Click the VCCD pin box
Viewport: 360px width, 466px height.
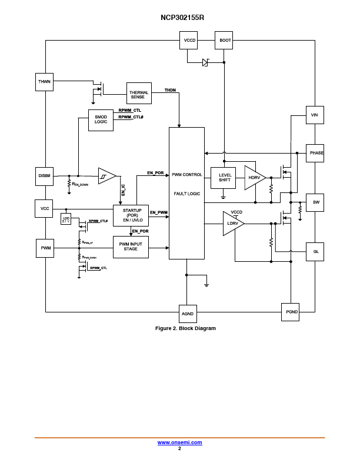pyautogui.click(x=189, y=41)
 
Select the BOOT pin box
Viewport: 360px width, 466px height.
pyautogui.click(x=225, y=41)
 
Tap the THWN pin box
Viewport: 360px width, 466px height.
pyautogui.click(x=45, y=81)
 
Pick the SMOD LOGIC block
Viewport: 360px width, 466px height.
pyautogui.click(x=101, y=119)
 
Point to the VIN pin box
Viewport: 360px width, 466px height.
pyautogui.click(x=315, y=115)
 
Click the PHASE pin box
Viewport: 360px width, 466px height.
pyautogui.click(x=315, y=153)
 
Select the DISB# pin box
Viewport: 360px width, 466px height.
pyautogui.click(x=45, y=175)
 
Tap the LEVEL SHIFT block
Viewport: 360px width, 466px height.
pyautogui.click(x=225, y=177)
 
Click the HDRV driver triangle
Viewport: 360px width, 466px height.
pyautogui.click(x=254, y=177)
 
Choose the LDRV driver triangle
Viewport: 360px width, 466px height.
pyautogui.click(x=232, y=224)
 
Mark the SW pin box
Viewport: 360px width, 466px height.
pyautogui.click(x=315, y=202)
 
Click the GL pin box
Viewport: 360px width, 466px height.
pyautogui.click(x=315, y=251)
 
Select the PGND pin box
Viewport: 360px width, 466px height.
pyautogui.click(x=291, y=312)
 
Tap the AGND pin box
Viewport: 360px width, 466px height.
pyautogui.click(x=187, y=314)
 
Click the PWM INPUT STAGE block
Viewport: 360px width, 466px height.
pyautogui.click(x=131, y=246)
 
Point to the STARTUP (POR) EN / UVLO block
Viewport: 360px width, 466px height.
pyautogui.click(x=131, y=215)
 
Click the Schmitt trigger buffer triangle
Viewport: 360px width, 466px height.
pyautogui.click(x=106, y=175)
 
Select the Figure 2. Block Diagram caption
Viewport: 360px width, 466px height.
pyautogui.click(x=185, y=328)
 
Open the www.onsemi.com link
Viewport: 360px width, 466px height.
pyautogui.click(x=179, y=442)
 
